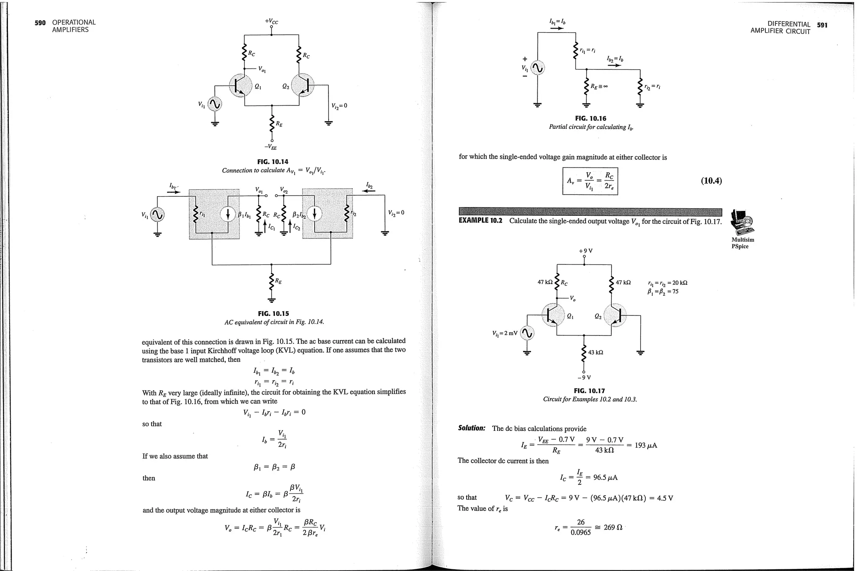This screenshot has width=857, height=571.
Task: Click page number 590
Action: tap(40, 23)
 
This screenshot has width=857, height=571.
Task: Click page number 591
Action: tap(822, 25)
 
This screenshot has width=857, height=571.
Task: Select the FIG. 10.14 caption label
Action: tap(273, 162)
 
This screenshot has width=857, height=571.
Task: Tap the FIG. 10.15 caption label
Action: tap(273, 314)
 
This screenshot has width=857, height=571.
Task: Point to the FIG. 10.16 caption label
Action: tap(590, 119)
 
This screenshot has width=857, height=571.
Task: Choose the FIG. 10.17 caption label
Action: tap(589, 391)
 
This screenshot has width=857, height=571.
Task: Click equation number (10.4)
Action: tap(711, 181)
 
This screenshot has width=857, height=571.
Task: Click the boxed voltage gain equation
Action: tap(590, 181)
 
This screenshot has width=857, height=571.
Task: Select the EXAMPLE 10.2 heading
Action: tap(481, 221)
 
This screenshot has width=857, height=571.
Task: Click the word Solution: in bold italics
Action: tap(472, 428)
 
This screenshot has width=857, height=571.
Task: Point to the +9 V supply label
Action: tap(585, 251)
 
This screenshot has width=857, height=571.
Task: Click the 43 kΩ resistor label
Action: tap(595, 353)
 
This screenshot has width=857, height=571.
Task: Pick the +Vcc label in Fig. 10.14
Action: tap(271, 21)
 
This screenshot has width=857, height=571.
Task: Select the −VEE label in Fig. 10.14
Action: tap(270, 147)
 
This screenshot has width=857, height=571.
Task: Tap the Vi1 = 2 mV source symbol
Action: tap(528, 333)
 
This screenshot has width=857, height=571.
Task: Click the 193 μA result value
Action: tap(646, 446)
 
